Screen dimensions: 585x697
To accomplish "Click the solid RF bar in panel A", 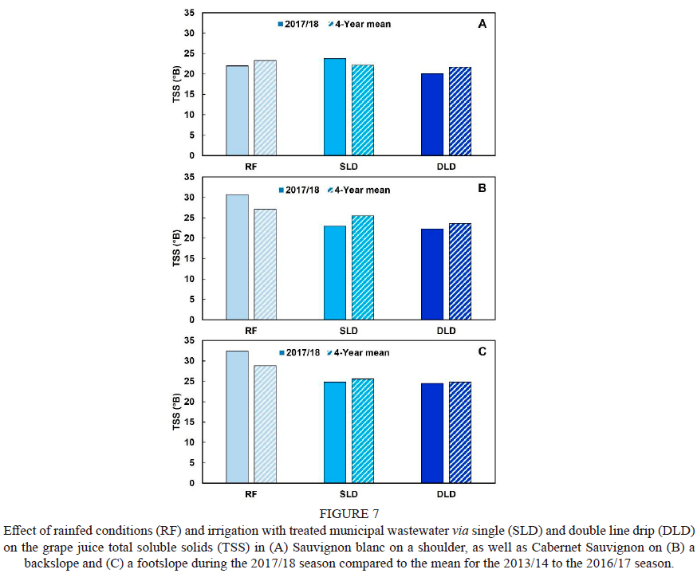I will pos(237,110).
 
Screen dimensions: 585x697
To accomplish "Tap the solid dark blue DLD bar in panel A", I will pos(432,114).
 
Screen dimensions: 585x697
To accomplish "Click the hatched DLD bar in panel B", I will pos(460,271).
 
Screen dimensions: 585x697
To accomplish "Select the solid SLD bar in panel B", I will pos(335,273).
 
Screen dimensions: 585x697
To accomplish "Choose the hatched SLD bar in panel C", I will pos(362,430).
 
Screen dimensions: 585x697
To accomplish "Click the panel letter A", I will pos(482,25).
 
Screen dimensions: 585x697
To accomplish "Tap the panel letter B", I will pos(482,189).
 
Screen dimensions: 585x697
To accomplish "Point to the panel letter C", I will pos(482,351).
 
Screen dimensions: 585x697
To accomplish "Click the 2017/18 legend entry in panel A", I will pos(299,24).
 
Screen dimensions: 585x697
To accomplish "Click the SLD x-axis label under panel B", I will pos(348,330).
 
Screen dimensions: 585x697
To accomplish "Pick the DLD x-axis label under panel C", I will pos(446,493).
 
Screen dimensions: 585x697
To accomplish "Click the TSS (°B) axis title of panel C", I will pos(176,411).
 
